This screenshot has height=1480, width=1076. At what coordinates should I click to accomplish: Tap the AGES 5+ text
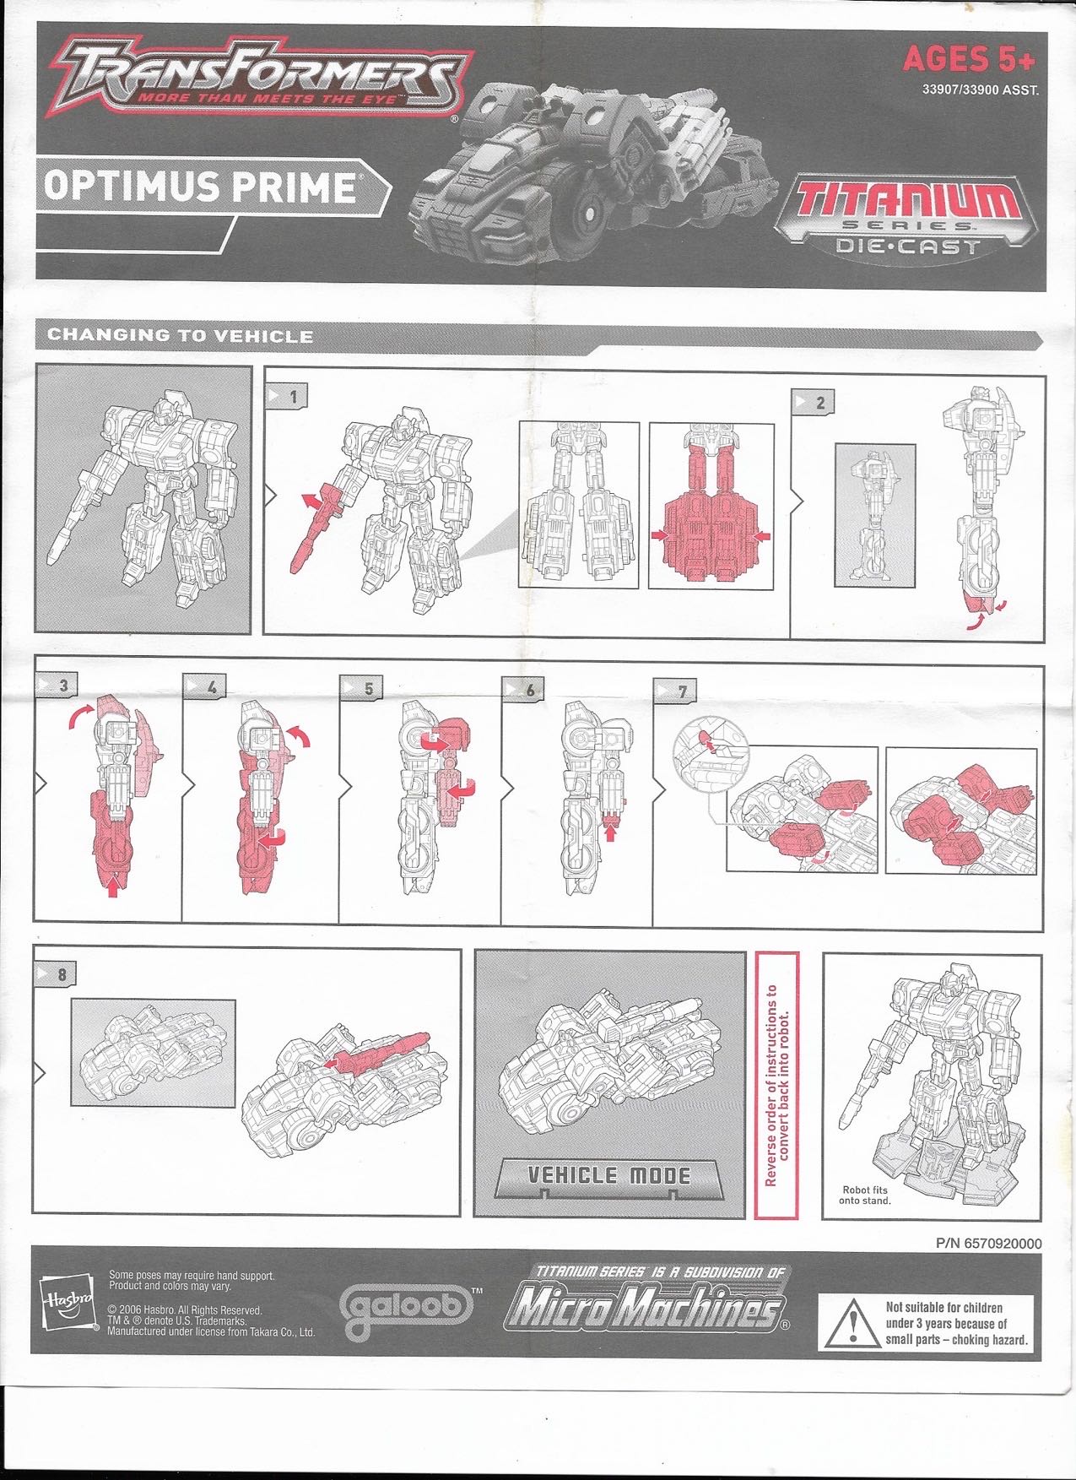click(x=968, y=59)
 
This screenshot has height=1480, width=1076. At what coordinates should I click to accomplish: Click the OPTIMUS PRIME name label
click(x=199, y=187)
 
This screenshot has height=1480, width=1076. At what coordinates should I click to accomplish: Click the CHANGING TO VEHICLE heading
click(x=181, y=336)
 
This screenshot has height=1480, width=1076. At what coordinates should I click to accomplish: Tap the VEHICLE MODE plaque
click(x=608, y=1176)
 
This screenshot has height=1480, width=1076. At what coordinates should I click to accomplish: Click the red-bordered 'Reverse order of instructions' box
click(x=776, y=1085)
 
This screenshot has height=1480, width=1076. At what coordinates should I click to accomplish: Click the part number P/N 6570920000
click(x=988, y=1244)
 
